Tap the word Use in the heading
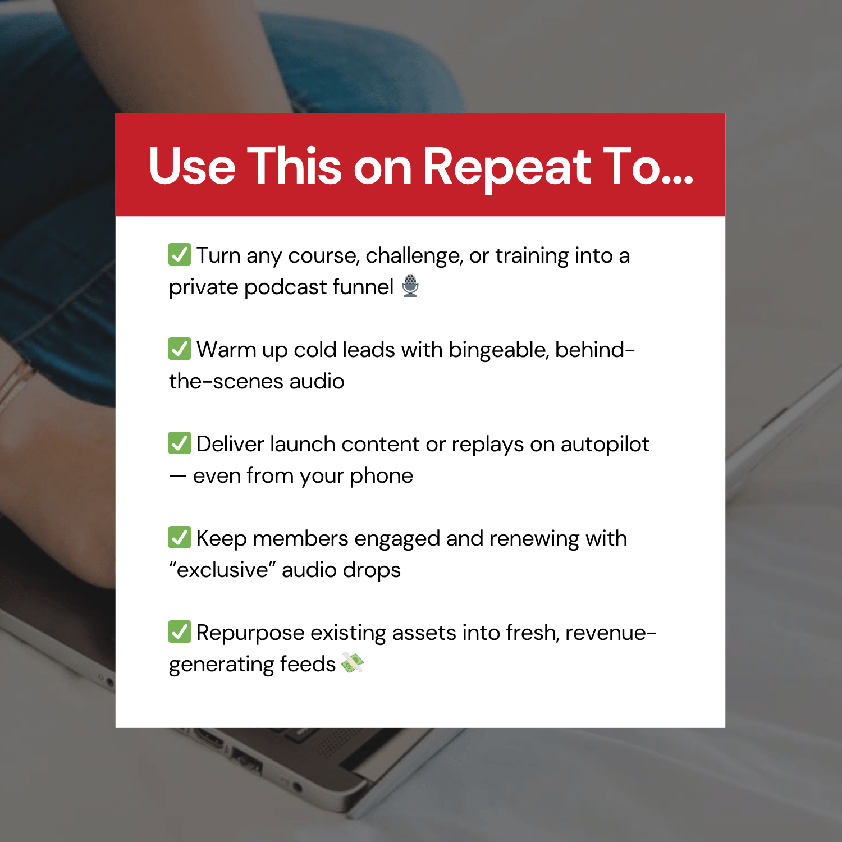click(192, 166)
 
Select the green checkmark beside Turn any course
click(180, 254)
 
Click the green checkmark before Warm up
click(180, 349)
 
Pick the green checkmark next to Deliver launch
click(180, 443)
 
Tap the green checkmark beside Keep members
click(180, 537)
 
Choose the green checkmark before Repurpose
click(180, 631)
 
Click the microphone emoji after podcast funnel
click(410, 286)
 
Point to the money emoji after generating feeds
click(353, 663)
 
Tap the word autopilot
click(605, 445)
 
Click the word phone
click(381, 476)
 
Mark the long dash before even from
click(178, 476)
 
